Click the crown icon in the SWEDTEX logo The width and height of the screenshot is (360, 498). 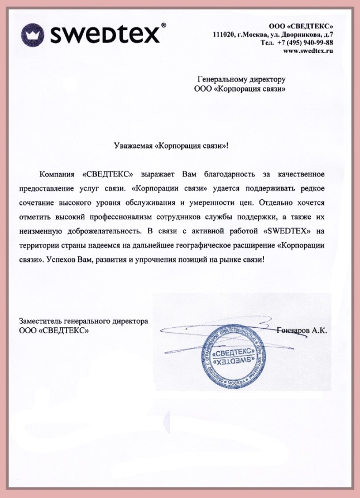coord(33,34)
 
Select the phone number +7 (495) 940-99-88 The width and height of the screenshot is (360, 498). coord(305,42)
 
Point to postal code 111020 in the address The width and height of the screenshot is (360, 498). coord(224,35)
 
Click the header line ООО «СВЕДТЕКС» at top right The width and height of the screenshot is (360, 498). coord(301,26)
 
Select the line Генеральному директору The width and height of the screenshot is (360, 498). coord(242,79)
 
